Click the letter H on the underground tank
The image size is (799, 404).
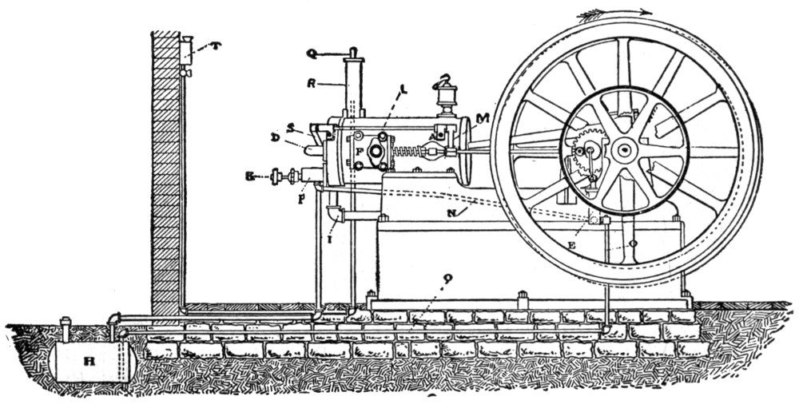89,359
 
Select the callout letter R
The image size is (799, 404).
313,82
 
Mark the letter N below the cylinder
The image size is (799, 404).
453,213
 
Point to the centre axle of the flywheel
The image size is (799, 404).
623,149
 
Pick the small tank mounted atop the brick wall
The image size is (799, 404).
187,51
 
